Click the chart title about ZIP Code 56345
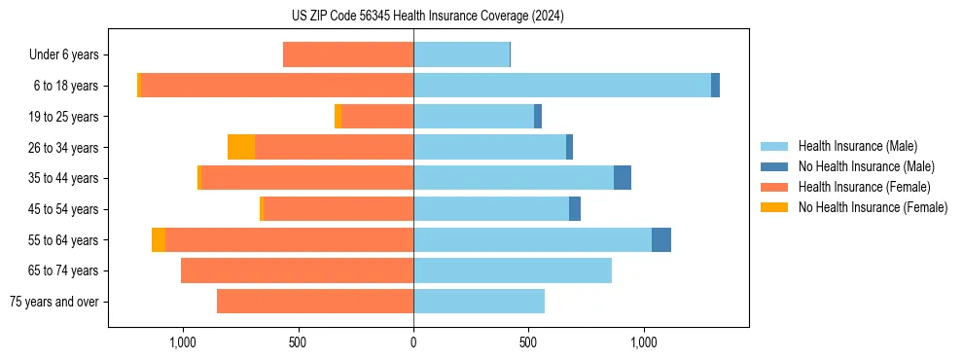pyautogui.click(x=413, y=17)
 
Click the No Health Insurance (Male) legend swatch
pyautogui.click(x=774, y=166)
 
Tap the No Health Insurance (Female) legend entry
pyautogui.click(x=873, y=207)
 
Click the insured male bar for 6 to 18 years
pyautogui.click(x=562, y=86)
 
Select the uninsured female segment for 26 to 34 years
pyautogui.click(x=241, y=147)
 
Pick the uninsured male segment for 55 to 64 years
pyautogui.click(x=661, y=239)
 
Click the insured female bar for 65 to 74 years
pyautogui.click(x=297, y=270)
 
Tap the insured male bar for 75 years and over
pyautogui.click(x=479, y=302)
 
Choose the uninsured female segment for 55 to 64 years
pyautogui.click(x=159, y=239)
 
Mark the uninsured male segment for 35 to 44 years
pyautogui.click(x=623, y=178)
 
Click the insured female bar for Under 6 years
pyautogui.click(x=348, y=54)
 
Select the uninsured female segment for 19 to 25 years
pyautogui.click(x=338, y=117)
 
